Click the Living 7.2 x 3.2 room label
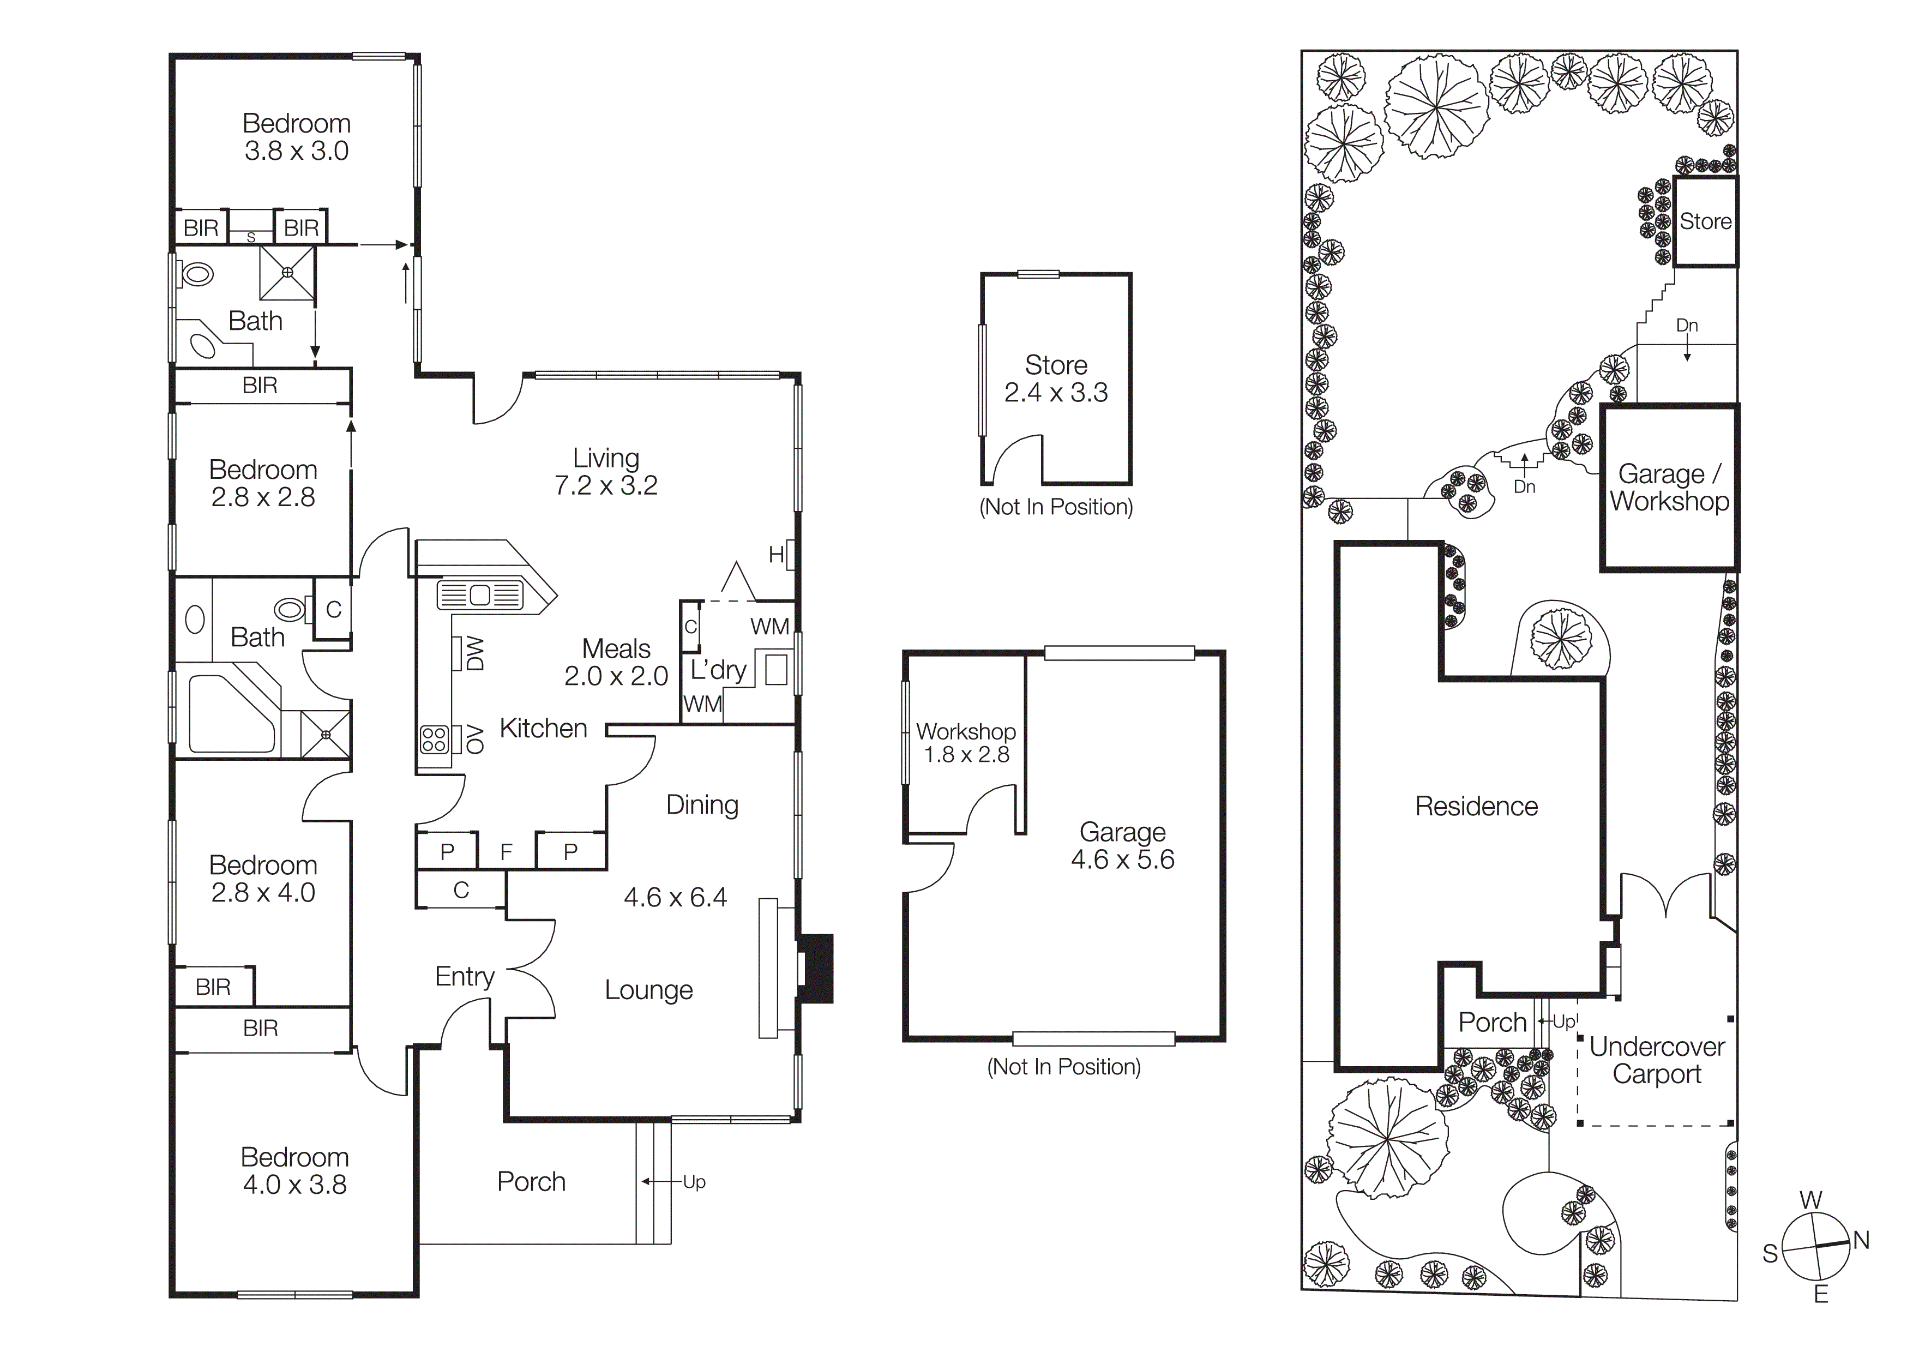(x=606, y=472)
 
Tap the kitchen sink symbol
(x=480, y=595)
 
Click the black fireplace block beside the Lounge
(x=816, y=969)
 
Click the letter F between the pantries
(x=506, y=852)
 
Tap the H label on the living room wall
(x=775, y=555)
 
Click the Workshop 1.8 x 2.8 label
(x=966, y=742)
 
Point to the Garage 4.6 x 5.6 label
(x=1122, y=845)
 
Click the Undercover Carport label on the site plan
(x=1656, y=1060)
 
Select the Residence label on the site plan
(x=1476, y=807)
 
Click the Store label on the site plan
(x=1705, y=221)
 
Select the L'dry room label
(x=718, y=670)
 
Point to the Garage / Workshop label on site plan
(x=1669, y=488)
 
